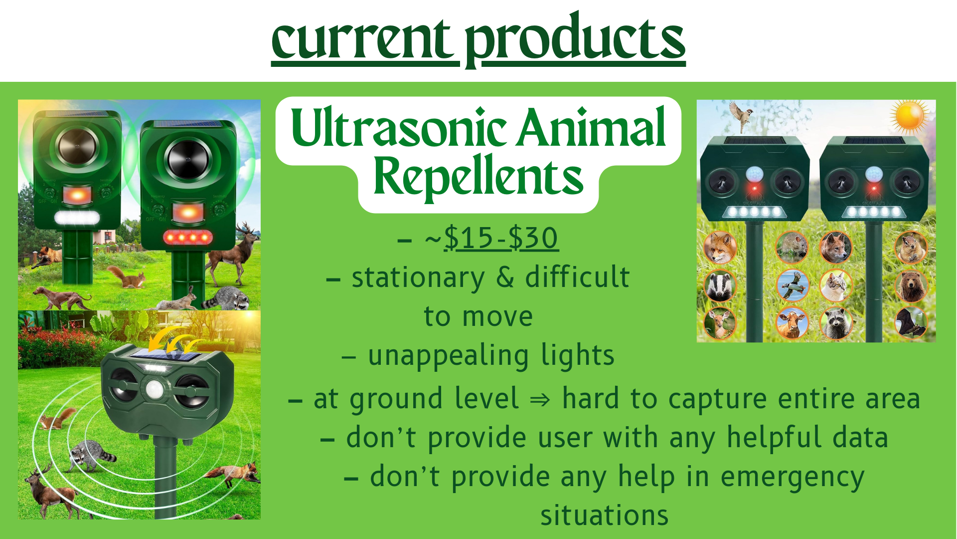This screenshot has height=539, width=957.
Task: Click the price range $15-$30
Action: point(500,238)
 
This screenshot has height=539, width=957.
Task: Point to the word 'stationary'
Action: point(418,277)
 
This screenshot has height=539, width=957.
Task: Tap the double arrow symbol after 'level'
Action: point(540,400)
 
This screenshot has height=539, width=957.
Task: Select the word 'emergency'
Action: point(793,477)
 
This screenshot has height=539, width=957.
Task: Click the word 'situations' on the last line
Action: point(604,516)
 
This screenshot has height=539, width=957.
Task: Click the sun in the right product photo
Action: point(910,116)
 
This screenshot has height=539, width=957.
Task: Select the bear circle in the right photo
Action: point(911,286)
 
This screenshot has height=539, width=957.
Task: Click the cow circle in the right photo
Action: point(792,323)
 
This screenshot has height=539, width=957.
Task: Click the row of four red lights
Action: point(188,237)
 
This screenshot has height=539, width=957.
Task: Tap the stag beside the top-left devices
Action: point(234,255)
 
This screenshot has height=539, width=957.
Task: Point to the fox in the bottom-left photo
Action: point(234,474)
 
